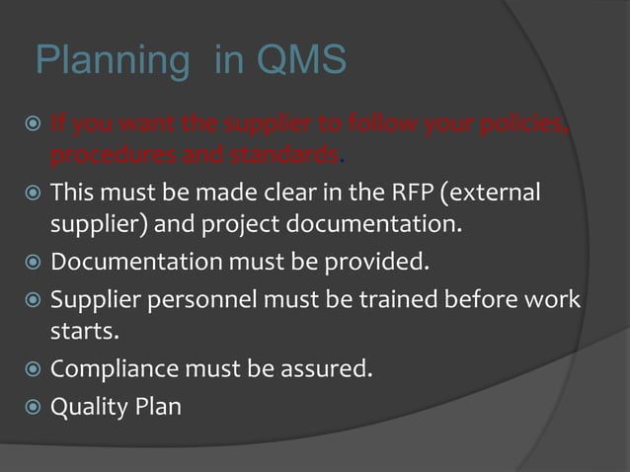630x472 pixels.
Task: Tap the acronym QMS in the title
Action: [x=301, y=61]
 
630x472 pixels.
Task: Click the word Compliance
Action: [x=112, y=370]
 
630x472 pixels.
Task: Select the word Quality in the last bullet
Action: [x=89, y=406]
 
